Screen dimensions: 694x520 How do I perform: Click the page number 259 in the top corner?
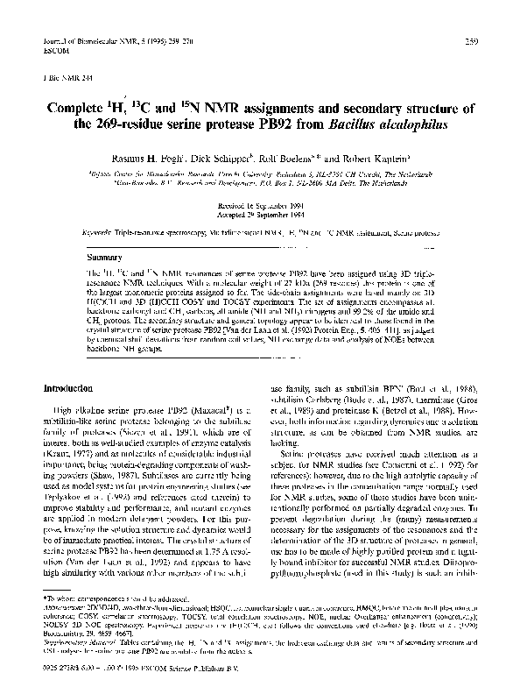tap(471, 41)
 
